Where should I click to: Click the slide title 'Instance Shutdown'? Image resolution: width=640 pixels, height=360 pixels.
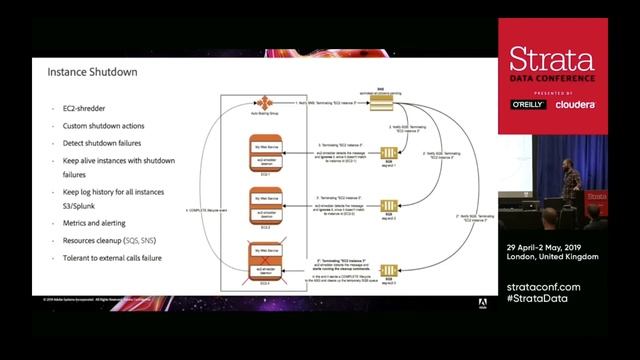click(x=92, y=72)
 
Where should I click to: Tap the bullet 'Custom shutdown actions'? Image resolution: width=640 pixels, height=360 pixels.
click(x=103, y=125)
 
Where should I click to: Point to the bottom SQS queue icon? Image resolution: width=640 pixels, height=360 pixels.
click(x=393, y=269)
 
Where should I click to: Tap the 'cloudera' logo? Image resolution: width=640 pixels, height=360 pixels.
click(x=576, y=103)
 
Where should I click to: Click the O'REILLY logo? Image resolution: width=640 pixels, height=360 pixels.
click(x=527, y=103)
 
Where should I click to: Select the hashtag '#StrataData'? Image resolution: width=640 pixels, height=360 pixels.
click(x=541, y=299)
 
